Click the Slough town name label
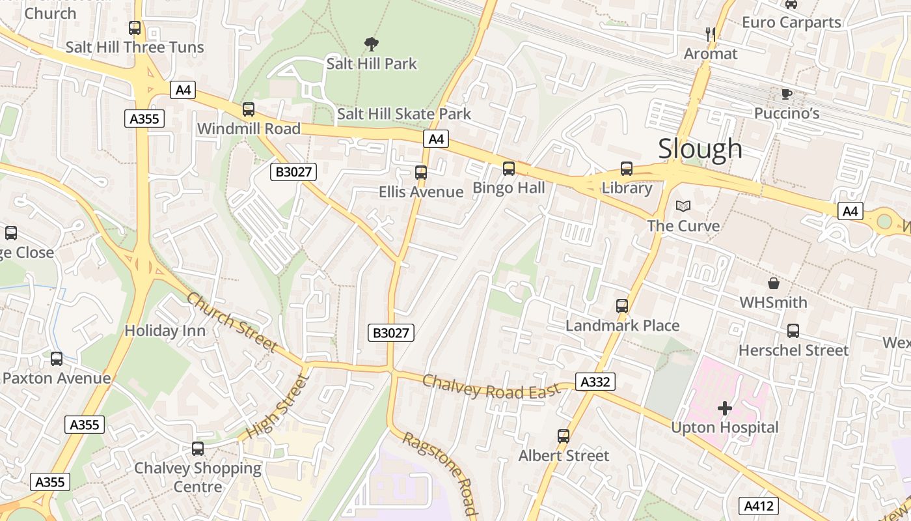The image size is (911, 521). tap(700, 148)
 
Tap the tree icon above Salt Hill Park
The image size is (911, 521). tap(372, 44)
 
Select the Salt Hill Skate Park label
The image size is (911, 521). tap(404, 114)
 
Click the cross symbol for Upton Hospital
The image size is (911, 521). tap(725, 408)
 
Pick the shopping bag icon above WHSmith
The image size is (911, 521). tap(774, 283)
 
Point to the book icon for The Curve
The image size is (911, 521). tap(683, 206)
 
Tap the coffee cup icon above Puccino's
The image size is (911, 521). tap(787, 94)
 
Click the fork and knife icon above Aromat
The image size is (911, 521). tap(711, 34)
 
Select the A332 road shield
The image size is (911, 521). tap(595, 382)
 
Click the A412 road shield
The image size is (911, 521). tap(759, 506)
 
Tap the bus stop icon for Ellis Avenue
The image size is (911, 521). tap(421, 173)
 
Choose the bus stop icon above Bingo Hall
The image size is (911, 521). tap(509, 169)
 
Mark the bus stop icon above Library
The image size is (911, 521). tap(627, 169)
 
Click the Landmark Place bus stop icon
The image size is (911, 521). tap(622, 306)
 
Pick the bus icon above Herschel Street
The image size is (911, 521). tap(793, 331)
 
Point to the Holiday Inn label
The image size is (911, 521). tap(165, 330)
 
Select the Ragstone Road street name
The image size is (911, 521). tap(441, 472)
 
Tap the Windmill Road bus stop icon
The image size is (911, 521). tap(249, 109)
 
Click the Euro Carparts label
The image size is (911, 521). tap(791, 22)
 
